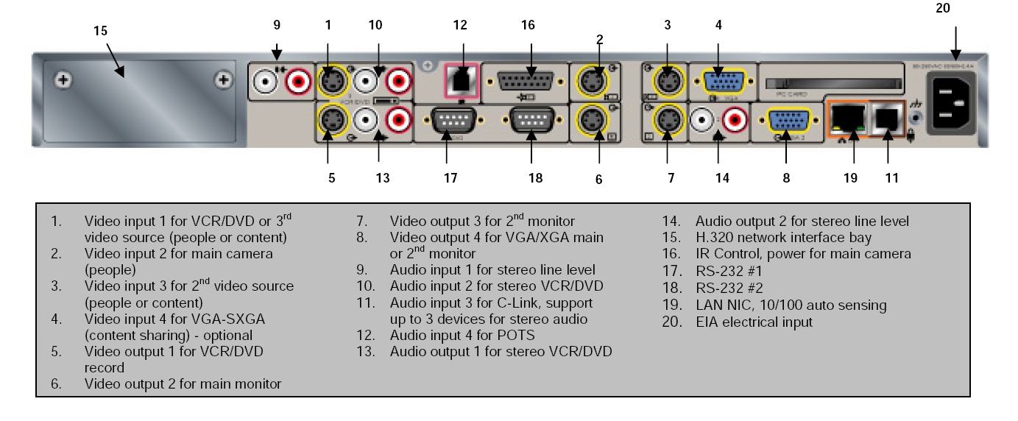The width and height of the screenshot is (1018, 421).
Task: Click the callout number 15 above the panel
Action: (x=101, y=31)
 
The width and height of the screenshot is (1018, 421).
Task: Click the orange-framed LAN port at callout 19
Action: (x=848, y=119)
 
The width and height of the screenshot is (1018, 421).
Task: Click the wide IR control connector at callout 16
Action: (x=528, y=81)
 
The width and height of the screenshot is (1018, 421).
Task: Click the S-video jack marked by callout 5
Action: (x=333, y=119)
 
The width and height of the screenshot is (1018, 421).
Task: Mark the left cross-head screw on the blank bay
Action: (x=65, y=79)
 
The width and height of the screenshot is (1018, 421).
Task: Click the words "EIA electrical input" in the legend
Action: (x=754, y=322)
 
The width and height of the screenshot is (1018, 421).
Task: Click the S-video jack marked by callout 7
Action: (x=667, y=119)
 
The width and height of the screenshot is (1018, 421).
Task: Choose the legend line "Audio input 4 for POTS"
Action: (x=462, y=336)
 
